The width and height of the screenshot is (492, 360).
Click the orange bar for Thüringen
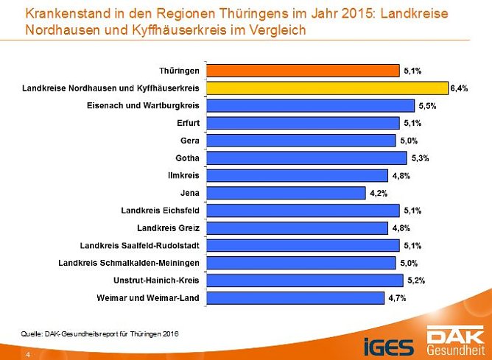point(303,71)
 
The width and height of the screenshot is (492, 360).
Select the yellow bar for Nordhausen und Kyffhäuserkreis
point(327,88)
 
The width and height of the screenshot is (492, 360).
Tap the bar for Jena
point(286,193)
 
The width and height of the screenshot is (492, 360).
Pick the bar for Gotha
point(306,158)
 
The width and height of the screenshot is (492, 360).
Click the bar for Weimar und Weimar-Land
point(295,298)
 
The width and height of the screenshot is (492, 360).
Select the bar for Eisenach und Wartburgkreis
point(310,105)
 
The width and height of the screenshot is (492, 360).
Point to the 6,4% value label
point(460,88)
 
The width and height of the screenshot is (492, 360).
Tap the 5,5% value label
point(427,105)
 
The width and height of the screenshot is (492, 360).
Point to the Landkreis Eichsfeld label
point(160,211)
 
